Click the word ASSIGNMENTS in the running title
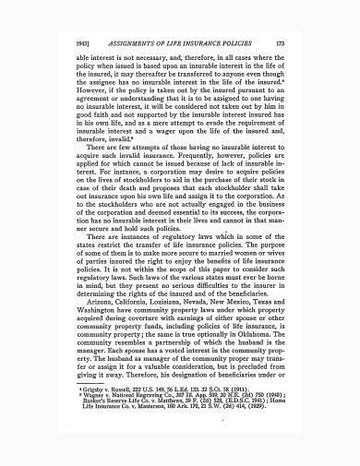pyautogui.click(x=137, y=42)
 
